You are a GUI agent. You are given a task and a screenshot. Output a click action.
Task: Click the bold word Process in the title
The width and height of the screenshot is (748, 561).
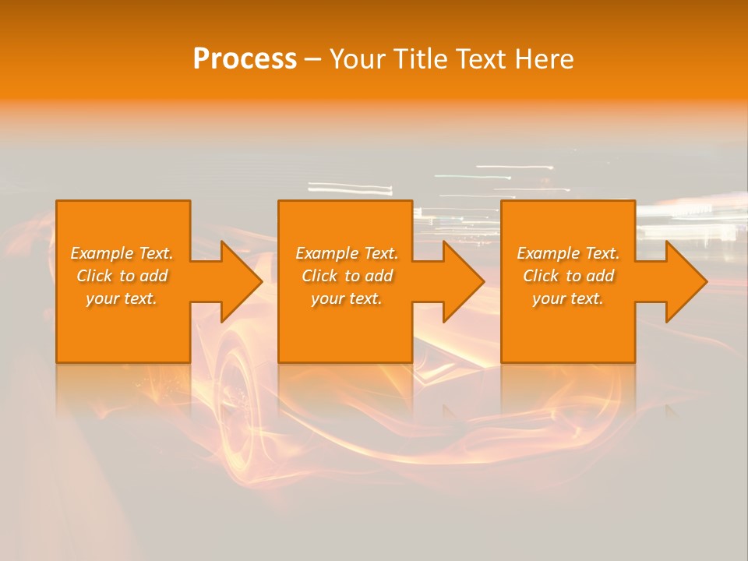point(245,59)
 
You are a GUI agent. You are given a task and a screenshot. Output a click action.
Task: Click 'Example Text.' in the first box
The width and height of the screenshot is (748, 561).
point(122,253)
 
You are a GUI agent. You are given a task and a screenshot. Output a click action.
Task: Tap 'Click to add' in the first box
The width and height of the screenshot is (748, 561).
point(122,276)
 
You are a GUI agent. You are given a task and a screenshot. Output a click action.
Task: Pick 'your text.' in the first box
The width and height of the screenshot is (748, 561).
point(122,298)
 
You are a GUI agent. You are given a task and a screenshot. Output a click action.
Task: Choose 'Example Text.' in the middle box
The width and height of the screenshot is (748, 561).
point(347,253)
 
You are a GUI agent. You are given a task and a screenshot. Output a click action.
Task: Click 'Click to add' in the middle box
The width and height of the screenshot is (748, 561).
point(347,276)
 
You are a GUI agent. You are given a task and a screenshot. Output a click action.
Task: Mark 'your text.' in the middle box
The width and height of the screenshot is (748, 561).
point(347,298)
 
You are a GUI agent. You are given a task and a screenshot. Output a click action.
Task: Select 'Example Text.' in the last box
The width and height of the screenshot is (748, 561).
point(568,253)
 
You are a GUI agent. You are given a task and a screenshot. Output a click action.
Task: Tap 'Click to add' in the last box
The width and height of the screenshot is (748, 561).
point(568,276)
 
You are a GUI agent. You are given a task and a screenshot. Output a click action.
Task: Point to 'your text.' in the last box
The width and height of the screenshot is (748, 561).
point(568,298)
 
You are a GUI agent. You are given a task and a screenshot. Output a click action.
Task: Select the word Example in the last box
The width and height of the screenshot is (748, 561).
point(548,253)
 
